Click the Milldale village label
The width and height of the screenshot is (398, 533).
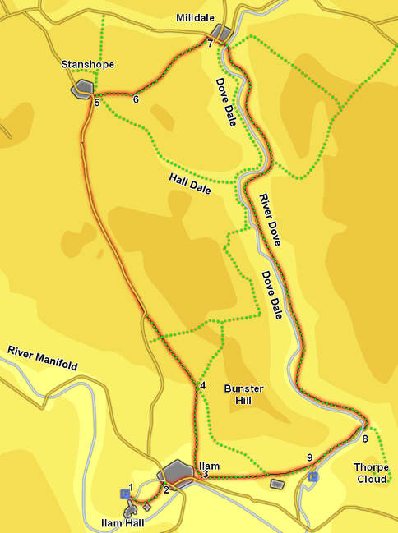[196, 17]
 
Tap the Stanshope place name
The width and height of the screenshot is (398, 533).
[88, 63]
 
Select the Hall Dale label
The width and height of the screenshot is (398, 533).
[190, 183]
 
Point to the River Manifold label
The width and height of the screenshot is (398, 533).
[43, 358]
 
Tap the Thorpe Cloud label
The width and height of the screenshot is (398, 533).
[372, 473]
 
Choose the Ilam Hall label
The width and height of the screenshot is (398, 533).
[123, 522]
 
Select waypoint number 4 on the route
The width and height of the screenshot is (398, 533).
[201, 386]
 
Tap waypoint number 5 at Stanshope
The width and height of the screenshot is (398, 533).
[96, 103]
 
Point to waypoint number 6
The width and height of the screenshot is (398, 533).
[136, 100]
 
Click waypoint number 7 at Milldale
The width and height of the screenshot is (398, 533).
[211, 44]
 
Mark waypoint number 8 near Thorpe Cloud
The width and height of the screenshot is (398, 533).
[365, 439]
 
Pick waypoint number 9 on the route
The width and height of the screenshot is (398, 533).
[309, 458]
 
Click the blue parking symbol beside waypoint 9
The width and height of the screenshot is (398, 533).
[312, 476]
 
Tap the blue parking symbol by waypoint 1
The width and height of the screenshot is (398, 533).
[124, 494]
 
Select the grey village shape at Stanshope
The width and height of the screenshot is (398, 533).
[82, 89]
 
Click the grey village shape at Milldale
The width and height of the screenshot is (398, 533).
[220, 31]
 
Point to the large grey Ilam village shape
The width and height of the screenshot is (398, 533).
[178, 472]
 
